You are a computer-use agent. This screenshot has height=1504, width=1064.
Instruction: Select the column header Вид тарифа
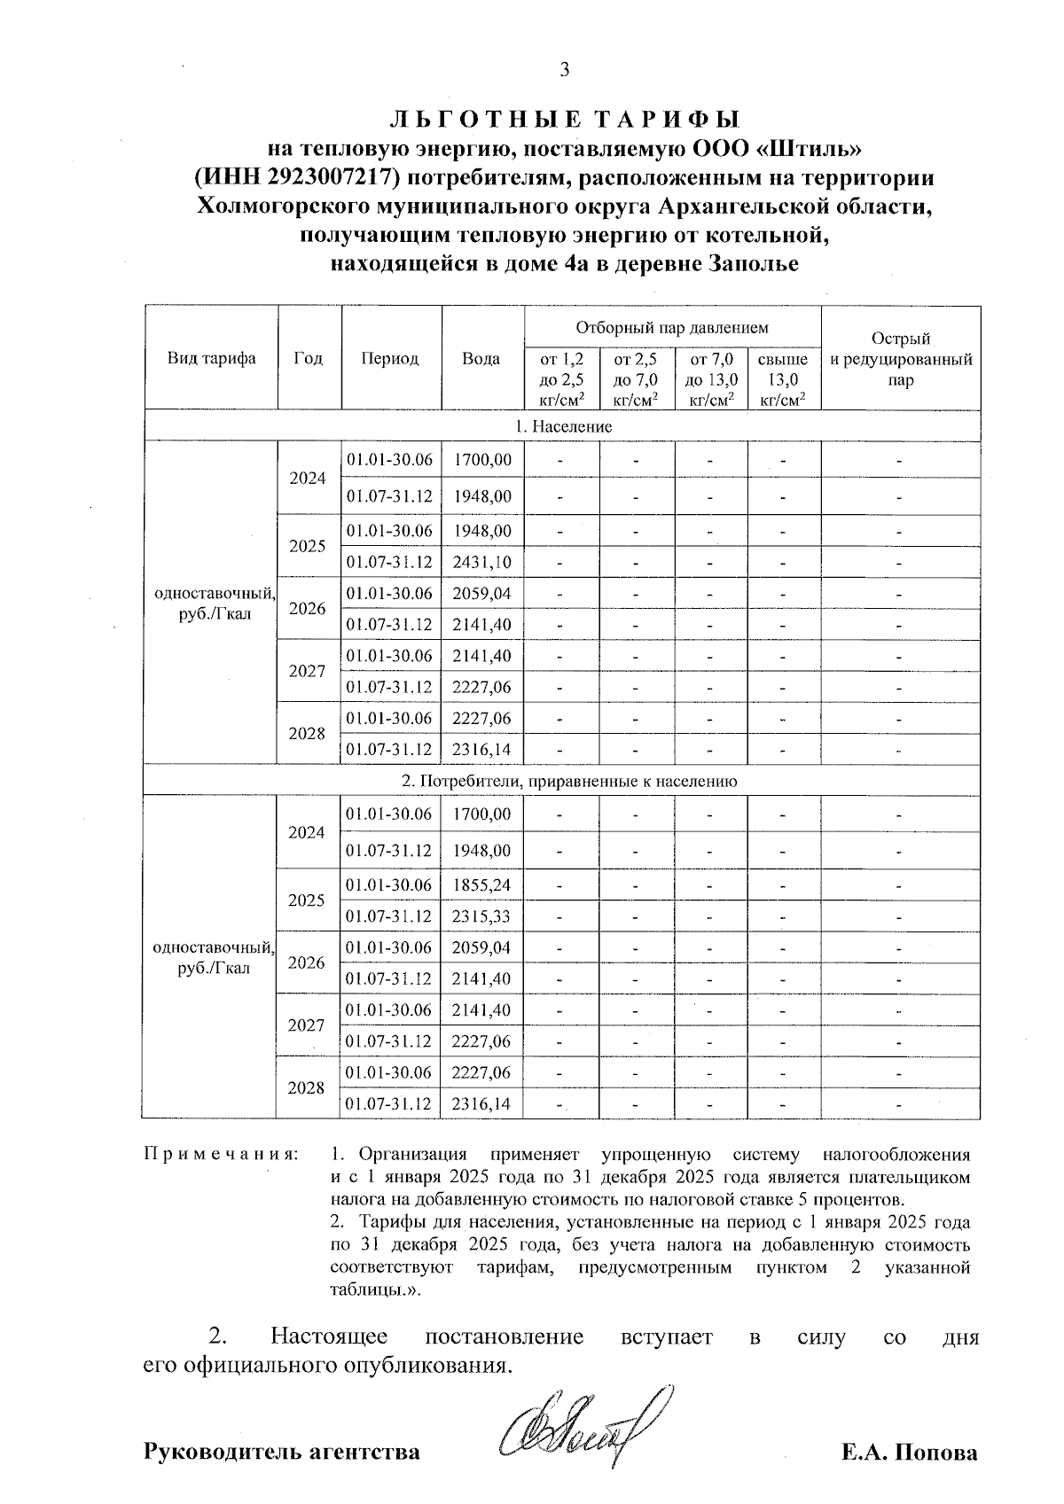211,358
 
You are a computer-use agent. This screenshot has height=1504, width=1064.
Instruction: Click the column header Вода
481,358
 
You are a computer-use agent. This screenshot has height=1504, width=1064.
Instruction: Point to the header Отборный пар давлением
672,327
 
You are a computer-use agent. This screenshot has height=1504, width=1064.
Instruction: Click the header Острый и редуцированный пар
901,359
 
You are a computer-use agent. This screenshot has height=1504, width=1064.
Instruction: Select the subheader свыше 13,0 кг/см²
783,379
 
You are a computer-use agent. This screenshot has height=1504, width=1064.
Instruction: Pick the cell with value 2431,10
481,562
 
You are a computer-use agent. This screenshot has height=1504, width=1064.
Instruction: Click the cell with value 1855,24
481,884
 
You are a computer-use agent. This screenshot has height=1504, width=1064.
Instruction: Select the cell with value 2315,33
481,916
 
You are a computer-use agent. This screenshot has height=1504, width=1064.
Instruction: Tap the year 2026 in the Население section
308,609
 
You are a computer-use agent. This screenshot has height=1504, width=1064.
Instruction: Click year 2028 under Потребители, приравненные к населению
307,1087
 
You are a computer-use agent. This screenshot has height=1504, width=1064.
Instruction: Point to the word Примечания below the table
221,1155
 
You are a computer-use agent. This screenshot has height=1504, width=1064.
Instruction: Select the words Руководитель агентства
282,1453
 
